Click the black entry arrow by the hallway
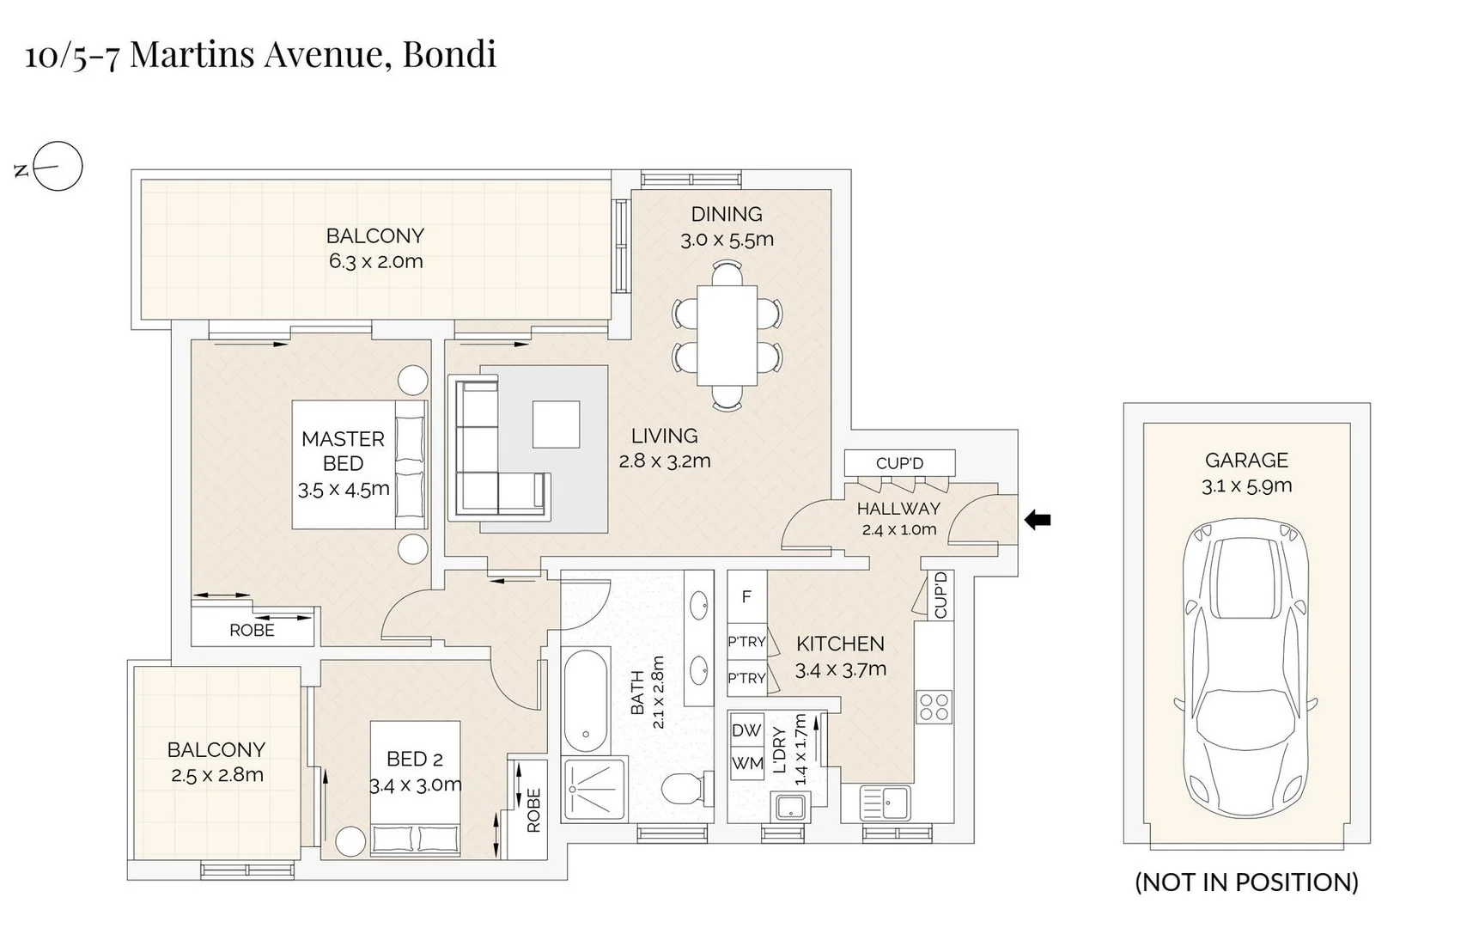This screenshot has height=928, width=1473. tap(1038, 519)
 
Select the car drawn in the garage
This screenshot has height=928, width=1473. tap(1245, 668)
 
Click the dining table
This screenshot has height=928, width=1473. tap(727, 335)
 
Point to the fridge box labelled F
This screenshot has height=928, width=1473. tap(746, 596)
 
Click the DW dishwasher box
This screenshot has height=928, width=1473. tap(746, 730)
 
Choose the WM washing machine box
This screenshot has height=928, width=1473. tap(746, 763)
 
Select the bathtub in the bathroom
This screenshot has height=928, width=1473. tap(586, 700)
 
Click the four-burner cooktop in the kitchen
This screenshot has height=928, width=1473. tap(934, 706)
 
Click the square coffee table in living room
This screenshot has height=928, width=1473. tap(556, 424)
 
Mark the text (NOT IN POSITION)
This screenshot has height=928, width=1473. tap(1246, 882)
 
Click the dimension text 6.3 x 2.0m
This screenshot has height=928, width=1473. tap(375, 261)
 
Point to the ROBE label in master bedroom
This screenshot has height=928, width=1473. tap(252, 631)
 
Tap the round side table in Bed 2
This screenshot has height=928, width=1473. tap(350, 841)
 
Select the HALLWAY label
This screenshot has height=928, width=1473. tap(898, 509)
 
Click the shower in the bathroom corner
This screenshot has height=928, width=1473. tap(593, 789)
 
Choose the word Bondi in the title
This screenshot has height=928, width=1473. tap(449, 54)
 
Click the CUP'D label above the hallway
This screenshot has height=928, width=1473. tap(899, 463)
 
